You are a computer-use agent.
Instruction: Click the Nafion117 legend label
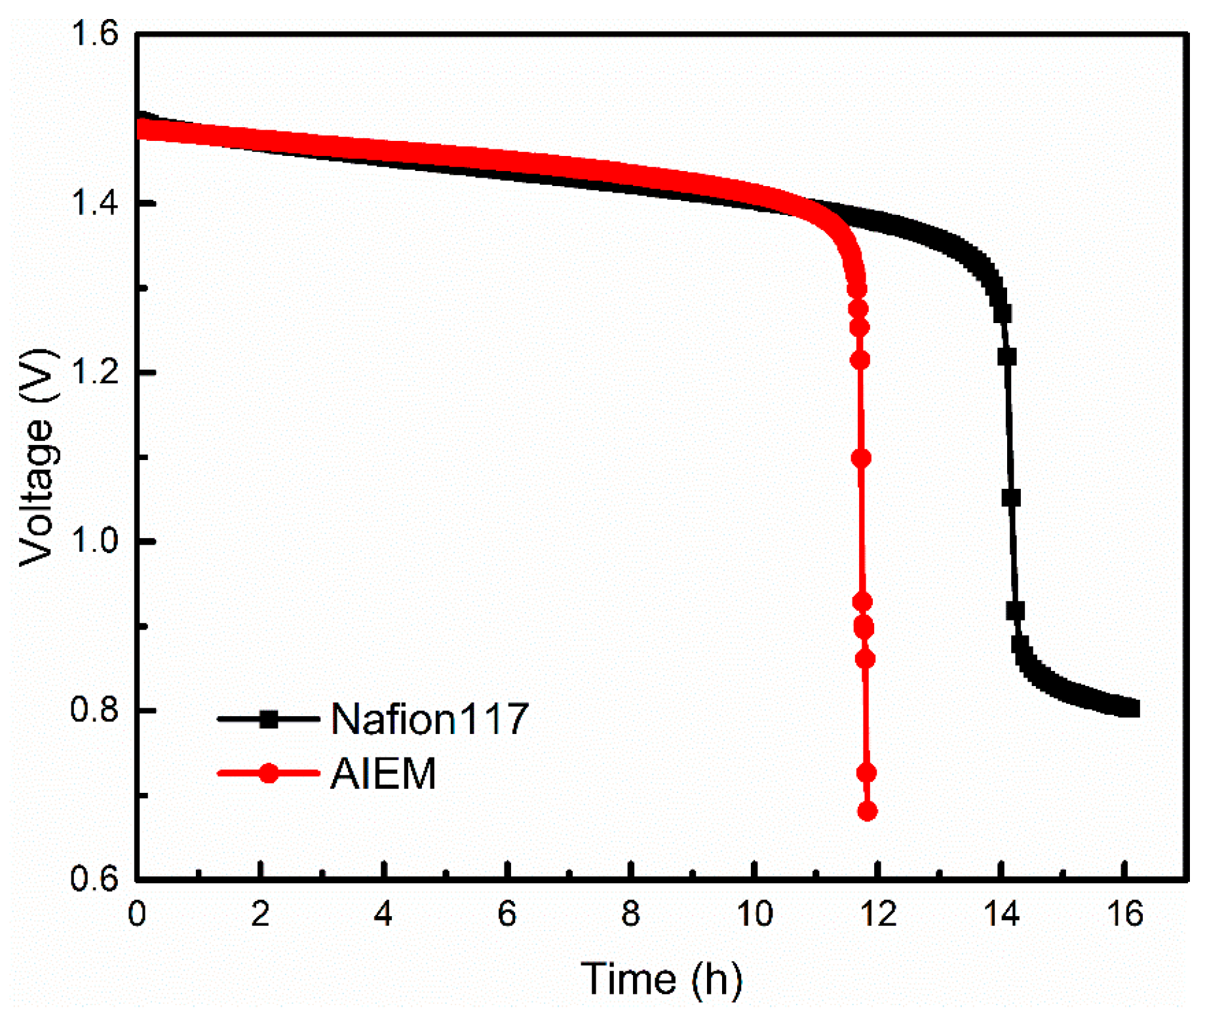click(429, 719)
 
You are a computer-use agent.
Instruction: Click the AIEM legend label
click(383, 774)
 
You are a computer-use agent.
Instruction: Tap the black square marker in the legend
click(269, 720)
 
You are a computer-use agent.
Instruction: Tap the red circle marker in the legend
click(269, 773)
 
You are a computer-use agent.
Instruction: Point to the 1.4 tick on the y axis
click(94, 202)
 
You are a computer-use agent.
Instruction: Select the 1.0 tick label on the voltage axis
click(94, 541)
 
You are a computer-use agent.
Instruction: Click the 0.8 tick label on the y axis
click(94, 710)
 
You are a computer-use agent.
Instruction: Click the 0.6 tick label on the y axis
click(94, 879)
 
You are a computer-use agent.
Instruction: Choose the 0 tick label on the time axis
click(137, 913)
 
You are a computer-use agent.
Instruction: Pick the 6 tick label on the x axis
click(507, 913)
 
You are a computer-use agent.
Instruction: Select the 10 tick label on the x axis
click(754, 913)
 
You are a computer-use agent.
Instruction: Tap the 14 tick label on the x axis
click(1001, 913)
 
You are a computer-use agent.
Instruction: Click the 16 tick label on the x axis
click(1124, 913)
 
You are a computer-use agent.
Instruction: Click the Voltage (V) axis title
click(37, 457)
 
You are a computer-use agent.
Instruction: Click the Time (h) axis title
click(662, 979)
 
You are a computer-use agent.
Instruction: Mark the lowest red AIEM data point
click(867, 812)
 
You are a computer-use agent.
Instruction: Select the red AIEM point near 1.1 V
click(861, 458)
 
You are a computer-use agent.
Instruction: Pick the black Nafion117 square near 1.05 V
click(1011, 499)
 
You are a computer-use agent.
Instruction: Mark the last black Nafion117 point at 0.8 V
click(1131, 708)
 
